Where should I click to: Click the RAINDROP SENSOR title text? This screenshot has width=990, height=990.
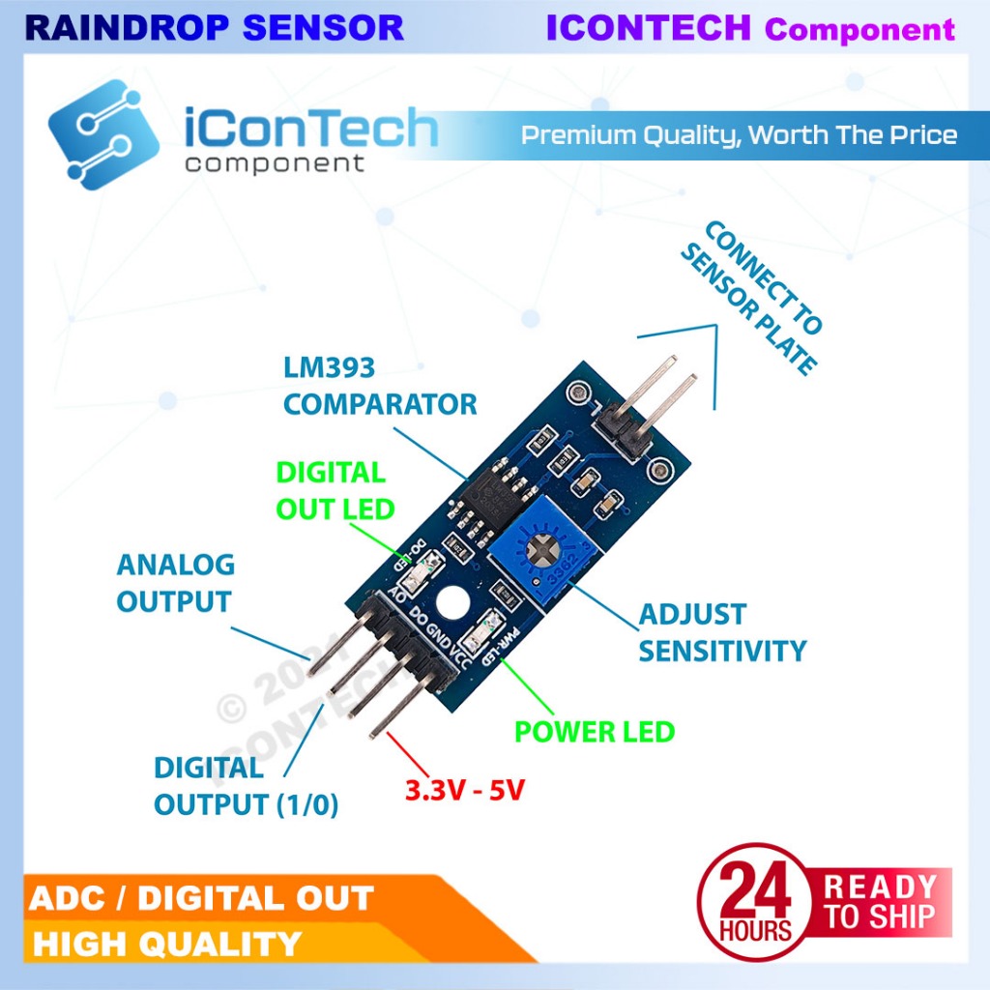tap(214, 28)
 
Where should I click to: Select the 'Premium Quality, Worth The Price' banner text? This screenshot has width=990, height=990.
tap(739, 134)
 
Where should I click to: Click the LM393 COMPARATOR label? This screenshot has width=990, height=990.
tap(380, 386)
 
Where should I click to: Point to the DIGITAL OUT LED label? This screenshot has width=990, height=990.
tap(335, 490)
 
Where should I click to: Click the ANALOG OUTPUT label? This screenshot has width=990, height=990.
tap(175, 583)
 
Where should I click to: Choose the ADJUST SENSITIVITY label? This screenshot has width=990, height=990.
tap(721, 632)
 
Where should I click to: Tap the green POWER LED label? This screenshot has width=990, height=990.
tap(594, 732)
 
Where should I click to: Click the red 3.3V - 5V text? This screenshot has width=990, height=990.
tap(464, 790)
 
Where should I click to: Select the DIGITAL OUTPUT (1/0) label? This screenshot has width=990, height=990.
tap(246, 786)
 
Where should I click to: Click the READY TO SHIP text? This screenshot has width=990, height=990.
tap(880, 901)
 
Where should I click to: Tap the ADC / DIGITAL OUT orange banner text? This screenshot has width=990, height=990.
tap(201, 898)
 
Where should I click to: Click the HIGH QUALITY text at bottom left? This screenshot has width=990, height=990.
tap(166, 943)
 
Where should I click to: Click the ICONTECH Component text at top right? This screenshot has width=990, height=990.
tap(750, 28)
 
